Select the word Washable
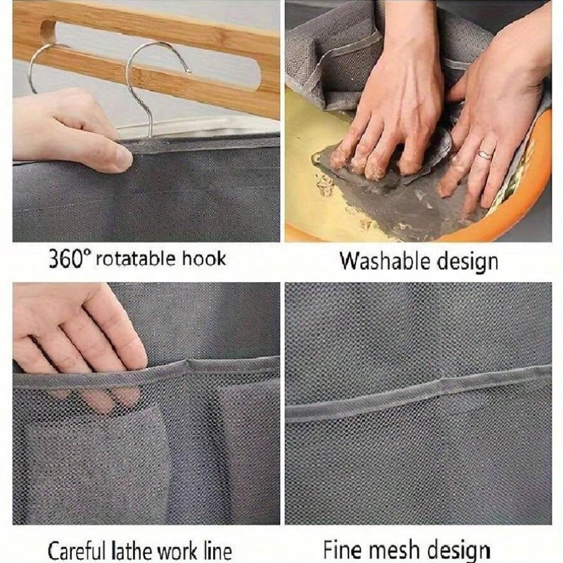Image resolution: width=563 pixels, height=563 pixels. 376,261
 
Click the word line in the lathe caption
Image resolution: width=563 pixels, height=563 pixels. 215,548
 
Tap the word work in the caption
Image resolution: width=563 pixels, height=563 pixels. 177,548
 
